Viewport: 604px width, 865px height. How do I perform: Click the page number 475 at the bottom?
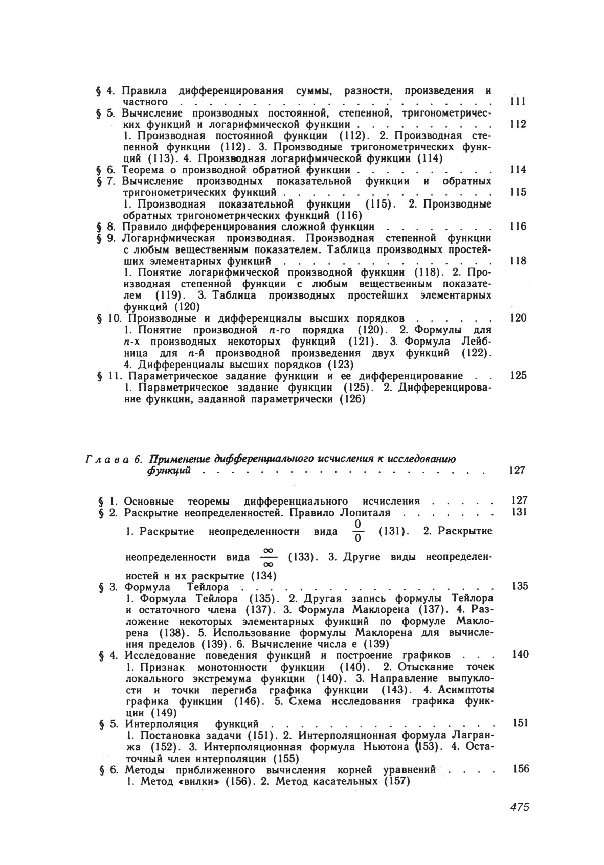coord(519,807)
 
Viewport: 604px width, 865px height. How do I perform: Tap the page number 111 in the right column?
coord(518,102)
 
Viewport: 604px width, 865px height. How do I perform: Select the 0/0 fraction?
coord(357,531)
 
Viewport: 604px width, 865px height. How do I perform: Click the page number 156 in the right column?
coord(520,769)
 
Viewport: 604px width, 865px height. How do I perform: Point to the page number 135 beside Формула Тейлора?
coord(519,586)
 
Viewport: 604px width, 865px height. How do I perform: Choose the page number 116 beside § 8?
coord(518,226)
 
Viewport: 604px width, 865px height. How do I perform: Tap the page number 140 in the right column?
coord(520,655)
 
